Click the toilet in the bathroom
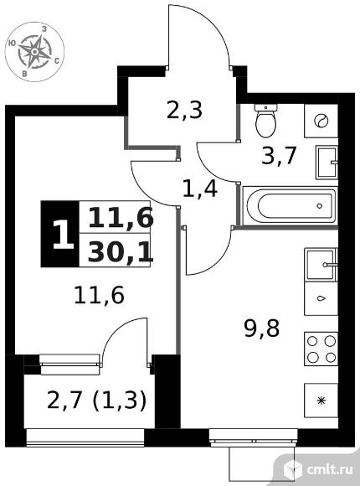266,121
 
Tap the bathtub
290,205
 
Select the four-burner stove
321,349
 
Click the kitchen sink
321,265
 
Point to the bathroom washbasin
327,163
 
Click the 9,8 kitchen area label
262,328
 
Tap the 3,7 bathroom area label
279,156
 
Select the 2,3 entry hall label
184,110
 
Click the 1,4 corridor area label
200,189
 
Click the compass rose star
35,51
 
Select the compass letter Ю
12,43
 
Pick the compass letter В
24,74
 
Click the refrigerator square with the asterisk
321,401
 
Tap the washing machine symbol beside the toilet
321,121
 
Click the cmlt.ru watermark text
330,469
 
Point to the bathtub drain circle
320,205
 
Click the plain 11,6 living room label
99,296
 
